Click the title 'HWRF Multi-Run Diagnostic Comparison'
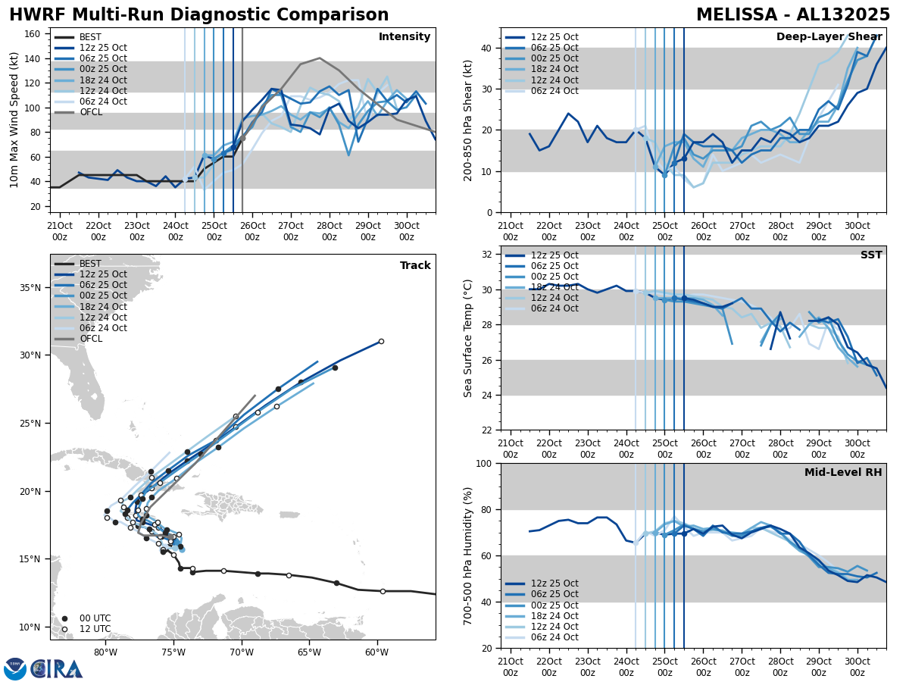[198, 15]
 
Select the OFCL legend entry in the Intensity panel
[91, 112]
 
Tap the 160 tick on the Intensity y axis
[34, 34]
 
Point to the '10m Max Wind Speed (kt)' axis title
[14, 120]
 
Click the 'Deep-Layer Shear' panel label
[829, 37]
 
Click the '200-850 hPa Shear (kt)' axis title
[468, 120]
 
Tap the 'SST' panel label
[870, 255]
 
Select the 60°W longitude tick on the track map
[376, 652]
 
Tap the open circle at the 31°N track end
[381, 341]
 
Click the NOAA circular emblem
[14, 669]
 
